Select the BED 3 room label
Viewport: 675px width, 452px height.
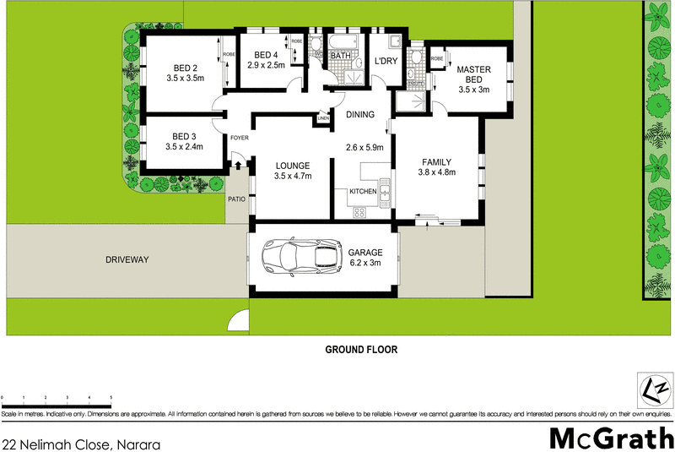click(185, 137)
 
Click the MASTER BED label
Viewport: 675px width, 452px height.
click(474, 75)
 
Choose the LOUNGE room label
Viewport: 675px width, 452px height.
click(293, 166)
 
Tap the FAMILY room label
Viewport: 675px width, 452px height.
click(437, 161)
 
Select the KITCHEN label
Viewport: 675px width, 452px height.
click(363, 193)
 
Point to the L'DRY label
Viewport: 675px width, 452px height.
click(386, 62)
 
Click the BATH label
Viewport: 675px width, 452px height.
click(341, 57)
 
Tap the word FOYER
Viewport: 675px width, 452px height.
click(239, 137)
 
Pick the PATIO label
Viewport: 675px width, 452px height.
click(236, 200)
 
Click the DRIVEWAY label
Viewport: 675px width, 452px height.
click(127, 260)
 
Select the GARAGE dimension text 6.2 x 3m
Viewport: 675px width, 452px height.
click(366, 263)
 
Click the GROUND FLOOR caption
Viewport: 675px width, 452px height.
click(361, 349)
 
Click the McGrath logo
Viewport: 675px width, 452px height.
click(607, 438)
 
